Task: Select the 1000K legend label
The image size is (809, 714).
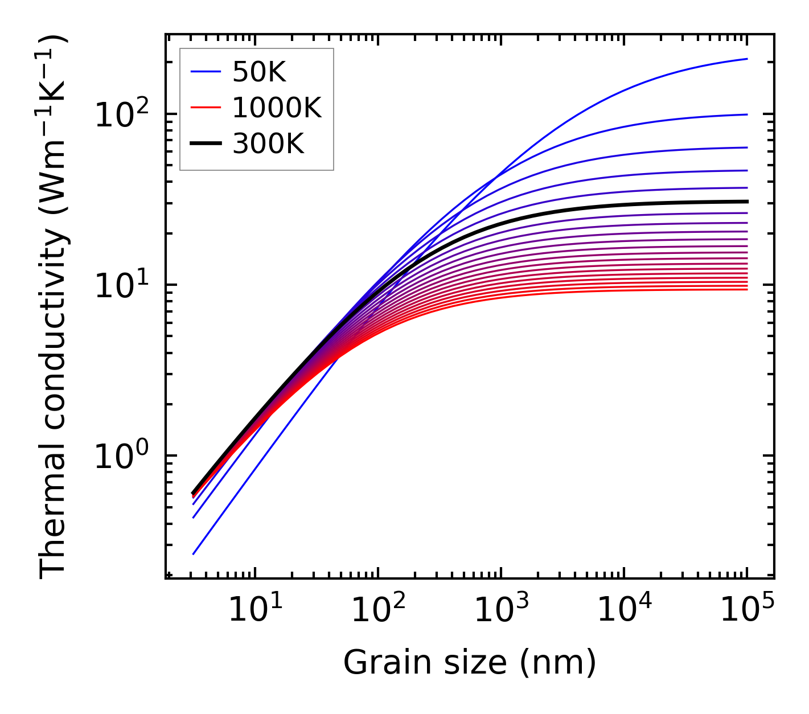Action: tap(277, 108)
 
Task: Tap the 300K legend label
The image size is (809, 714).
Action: tap(268, 144)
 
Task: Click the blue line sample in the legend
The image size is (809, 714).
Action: tap(205, 72)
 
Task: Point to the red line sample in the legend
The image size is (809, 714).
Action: tap(205, 108)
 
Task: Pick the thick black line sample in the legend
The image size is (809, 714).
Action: tap(205, 144)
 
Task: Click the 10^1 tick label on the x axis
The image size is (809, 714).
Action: tap(255, 612)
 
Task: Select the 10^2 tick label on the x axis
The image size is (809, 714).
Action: tap(378, 612)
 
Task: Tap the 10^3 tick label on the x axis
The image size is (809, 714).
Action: tap(501, 612)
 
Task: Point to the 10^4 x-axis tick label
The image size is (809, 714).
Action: tap(624, 612)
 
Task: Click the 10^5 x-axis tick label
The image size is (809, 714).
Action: tap(747, 612)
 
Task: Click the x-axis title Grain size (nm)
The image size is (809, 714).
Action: tap(470, 663)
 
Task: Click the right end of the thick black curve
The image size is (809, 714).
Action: tap(747, 201)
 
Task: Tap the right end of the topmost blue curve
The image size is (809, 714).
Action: tap(747, 59)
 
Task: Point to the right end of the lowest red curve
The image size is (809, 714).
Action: tap(747, 290)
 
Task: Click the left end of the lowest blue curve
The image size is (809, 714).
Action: tap(194, 554)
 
